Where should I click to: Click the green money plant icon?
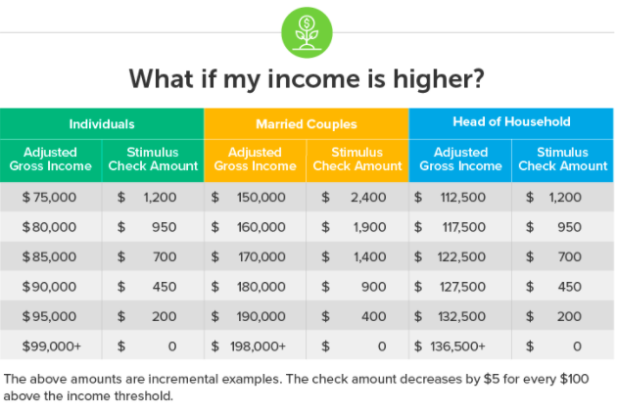pyautogui.click(x=307, y=32)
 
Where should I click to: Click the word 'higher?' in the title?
pyautogui.click(x=438, y=79)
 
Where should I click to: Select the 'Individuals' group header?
pyautogui.click(x=102, y=124)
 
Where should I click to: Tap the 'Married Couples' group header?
pyautogui.click(x=307, y=124)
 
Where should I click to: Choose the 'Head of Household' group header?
pyautogui.click(x=511, y=121)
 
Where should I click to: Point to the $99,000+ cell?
pyautogui.click(x=52, y=346)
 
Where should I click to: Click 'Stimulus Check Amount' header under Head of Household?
pyautogui.click(x=562, y=160)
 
